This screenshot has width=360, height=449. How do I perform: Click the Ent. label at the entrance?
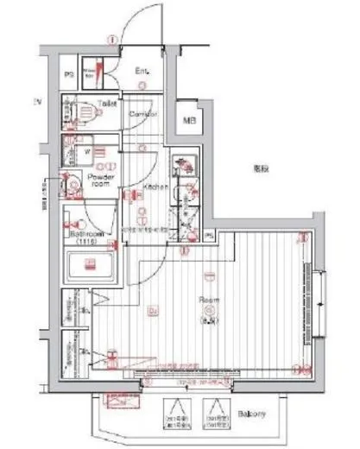[x=142, y=71]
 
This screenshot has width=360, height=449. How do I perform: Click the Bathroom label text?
[x=88, y=232]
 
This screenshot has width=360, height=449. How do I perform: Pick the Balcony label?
[x=254, y=414]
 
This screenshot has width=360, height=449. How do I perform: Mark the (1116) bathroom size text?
[x=85, y=242]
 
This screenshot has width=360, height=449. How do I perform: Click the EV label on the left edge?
[x=38, y=102]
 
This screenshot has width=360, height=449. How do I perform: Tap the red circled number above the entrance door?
[x=111, y=38]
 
